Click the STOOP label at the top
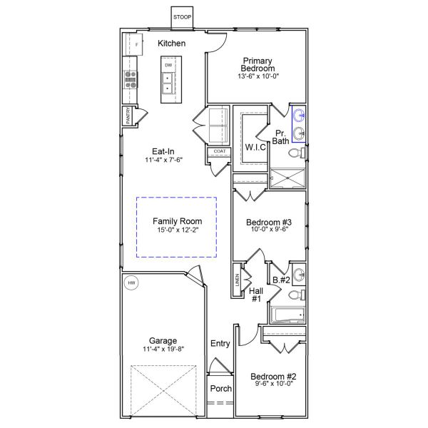pyautogui.click(x=183, y=16)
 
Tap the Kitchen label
pyautogui.click(x=172, y=44)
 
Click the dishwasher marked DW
pyautogui.click(x=168, y=66)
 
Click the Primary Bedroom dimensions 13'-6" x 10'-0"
pyautogui.click(x=258, y=77)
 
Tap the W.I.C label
pyautogui.click(x=255, y=147)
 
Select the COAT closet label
pyautogui.click(x=219, y=151)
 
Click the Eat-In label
pyautogui.click(x=163, y=151)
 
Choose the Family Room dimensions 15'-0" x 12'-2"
pyautogui.click(x=177, y=230)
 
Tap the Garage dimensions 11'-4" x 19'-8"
pyautogui.click(x=163, y=350)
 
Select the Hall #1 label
pyautogui.click(x=256, y=294)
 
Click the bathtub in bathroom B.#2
pyautogui.click(x=287, y=315)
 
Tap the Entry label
pyautogui.click(x=220, y=344)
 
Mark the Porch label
pyautogui.click(x=220, y=389)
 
